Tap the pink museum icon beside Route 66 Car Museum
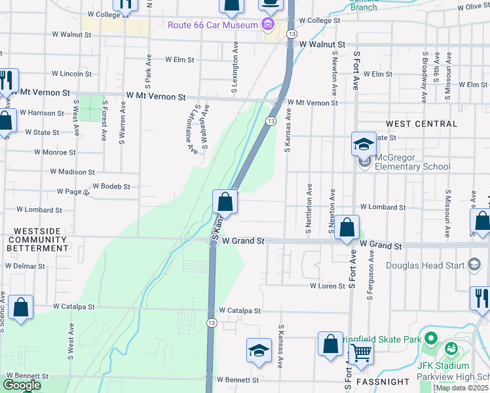(267, 26)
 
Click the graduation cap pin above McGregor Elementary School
(364, 144)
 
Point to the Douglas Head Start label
(425, 265)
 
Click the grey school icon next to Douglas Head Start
(474, 265)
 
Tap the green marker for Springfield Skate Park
(430, 339)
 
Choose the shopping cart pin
(361, 352)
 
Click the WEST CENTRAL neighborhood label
(422, 124)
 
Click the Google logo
(22, 385)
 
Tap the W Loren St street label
(328, 286)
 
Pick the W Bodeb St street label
(111, 187)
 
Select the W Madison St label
(72, 172)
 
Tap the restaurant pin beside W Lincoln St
(7, 81)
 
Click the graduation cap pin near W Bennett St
(259, 350)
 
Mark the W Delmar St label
(25, 266)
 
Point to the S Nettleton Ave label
(309, 208)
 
